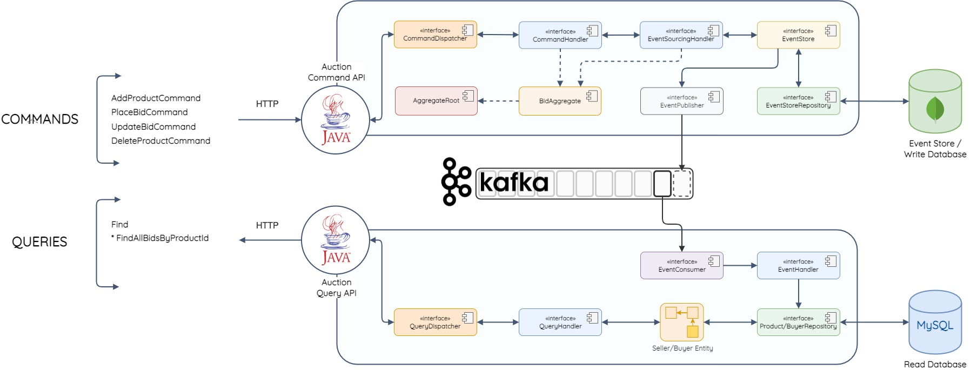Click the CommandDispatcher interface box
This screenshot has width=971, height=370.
[435, 35]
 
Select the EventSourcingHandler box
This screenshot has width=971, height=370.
[681, 35]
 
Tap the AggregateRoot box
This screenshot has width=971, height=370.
[436, 101]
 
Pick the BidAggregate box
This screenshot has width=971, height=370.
[560, 101]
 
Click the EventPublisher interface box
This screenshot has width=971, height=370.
[681, 102]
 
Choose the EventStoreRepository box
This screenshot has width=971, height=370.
[798, 102]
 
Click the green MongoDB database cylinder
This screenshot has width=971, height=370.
[935, 102]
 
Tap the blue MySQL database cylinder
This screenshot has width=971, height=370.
[935, 323]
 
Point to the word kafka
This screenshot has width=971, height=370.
[514, 183]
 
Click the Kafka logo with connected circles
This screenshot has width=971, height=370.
[456, 181]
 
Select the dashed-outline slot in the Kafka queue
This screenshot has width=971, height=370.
[682, 184]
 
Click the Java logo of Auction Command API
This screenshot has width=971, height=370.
[335, 120]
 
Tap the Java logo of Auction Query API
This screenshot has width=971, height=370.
[335, 240]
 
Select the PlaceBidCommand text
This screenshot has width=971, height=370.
[150, 112]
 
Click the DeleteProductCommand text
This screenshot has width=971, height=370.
[160, 141]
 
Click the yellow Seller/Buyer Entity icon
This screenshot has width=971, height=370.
[682, 322]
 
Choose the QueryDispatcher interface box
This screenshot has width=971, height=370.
[435, 322]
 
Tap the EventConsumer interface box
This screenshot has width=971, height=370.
[681, 266]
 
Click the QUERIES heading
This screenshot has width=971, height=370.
[39, 242]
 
